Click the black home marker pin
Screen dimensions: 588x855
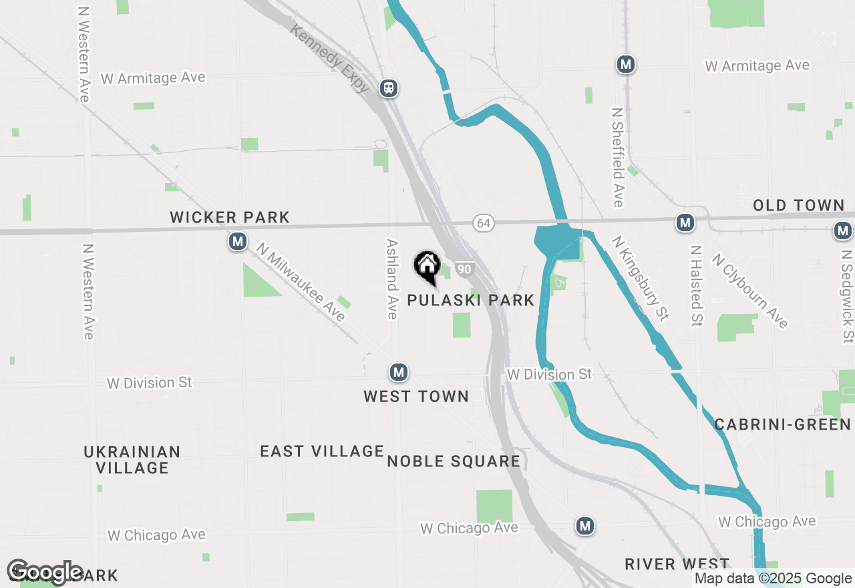coord(427,267)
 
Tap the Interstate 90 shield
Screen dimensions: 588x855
coord(465,269)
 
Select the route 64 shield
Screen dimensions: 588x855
coord(484,223)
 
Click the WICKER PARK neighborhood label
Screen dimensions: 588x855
coord(230,217)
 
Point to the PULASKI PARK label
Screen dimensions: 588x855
coord(471,300)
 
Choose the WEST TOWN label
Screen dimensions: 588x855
coord(416,396)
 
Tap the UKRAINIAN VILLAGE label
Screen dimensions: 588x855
coord(132,459)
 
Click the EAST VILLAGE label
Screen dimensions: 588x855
coord(322,451)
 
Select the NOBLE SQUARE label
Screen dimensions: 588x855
coord(454,461)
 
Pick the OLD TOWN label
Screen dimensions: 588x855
coord(799,205)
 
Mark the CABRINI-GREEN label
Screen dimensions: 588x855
coord(783,424)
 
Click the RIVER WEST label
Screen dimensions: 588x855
coord(677,564)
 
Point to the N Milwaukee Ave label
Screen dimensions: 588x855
coord(301,281)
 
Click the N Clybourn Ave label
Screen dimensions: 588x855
coord(749,291)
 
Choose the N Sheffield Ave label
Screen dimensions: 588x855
coord(618,157)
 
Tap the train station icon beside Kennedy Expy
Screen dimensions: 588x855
coord(389,88)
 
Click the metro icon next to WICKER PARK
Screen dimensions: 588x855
coord(238,241)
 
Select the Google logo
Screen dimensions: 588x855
coord(45,573)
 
